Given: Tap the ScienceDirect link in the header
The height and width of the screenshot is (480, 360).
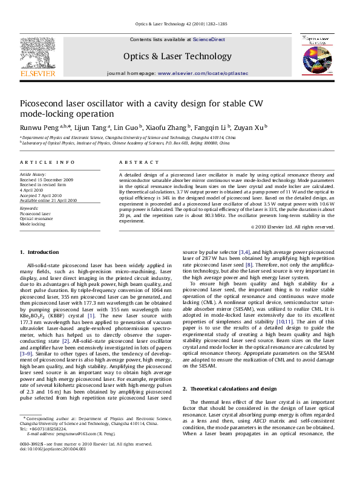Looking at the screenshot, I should coord(209,39).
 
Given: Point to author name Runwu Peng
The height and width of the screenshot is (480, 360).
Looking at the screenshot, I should coord(38,127).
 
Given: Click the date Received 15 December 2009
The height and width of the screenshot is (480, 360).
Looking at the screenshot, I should coord(47,180).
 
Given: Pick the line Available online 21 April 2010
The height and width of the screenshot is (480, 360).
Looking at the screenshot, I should coord(49,200).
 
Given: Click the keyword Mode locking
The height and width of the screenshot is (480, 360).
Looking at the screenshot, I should coord(33,224).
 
